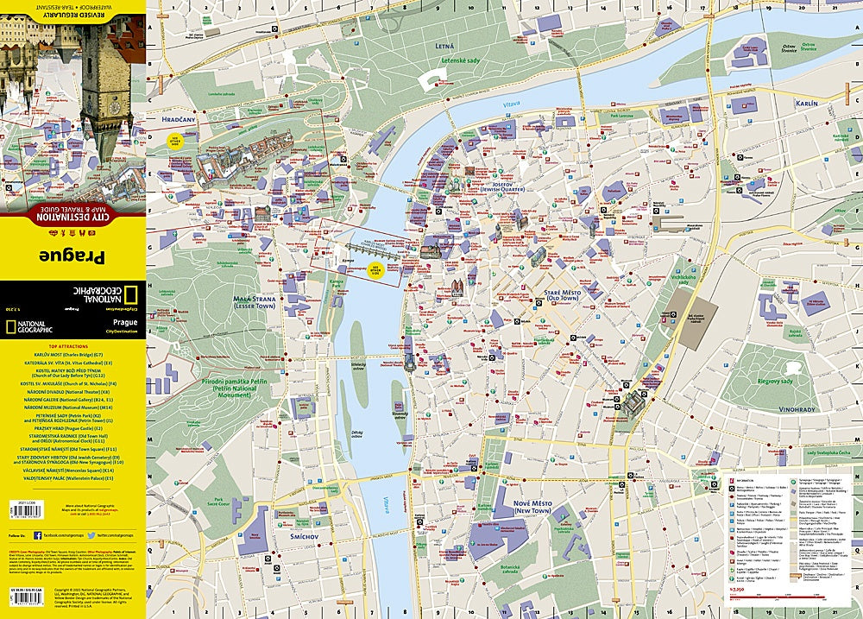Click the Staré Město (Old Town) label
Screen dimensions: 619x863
(539, 296)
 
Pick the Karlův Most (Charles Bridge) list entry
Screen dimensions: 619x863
(72, 355)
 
